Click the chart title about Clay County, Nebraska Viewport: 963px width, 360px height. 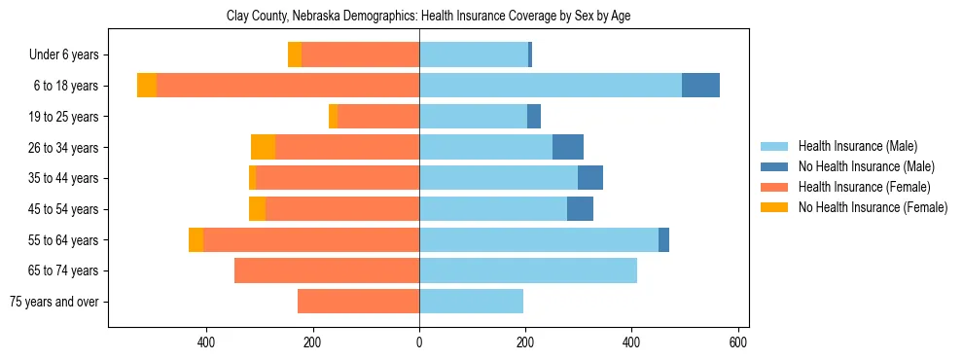coord(428,17)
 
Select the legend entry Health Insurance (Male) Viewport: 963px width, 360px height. coord(857,146)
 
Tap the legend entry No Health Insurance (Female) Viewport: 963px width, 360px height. coord(873,207)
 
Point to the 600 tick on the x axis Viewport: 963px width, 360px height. coord(738,342)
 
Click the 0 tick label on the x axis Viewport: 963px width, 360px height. coord(419,342)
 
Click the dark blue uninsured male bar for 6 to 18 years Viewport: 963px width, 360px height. coord(700,86)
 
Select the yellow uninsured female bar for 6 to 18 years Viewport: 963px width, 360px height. coord(147,86)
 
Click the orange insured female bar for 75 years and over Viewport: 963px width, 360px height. coord(358,302)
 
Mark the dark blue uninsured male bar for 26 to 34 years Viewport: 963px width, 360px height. coord(568,147)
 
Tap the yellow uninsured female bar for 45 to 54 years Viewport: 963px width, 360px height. coord(257,209)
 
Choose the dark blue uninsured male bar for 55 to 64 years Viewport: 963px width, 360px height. coord(663,239)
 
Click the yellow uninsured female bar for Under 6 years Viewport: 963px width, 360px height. coord(295,54)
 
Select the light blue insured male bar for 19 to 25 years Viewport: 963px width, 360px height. coord(473,117)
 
